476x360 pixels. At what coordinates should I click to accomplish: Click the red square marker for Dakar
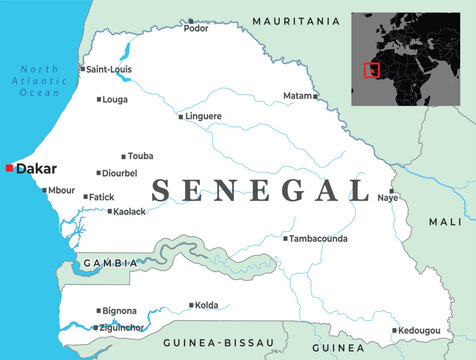click(9, 169)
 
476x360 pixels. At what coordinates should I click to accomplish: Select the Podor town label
click(196, 29)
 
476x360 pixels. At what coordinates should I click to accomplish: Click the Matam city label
click(297, 96)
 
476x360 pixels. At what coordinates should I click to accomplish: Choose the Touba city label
click(141, 156)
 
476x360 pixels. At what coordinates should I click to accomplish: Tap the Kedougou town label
click(418, 330)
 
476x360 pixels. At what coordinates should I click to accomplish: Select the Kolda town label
click(207, 305)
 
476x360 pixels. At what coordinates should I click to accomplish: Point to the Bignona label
click(120, 311)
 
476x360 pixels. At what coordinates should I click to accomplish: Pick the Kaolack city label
click(129, 212)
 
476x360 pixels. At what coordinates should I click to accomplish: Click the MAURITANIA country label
click(296, 21)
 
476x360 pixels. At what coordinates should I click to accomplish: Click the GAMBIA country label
click(110, 263)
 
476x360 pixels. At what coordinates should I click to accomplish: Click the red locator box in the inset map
click(372, 70)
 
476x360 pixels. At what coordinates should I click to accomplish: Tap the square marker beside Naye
click(392, 190)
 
